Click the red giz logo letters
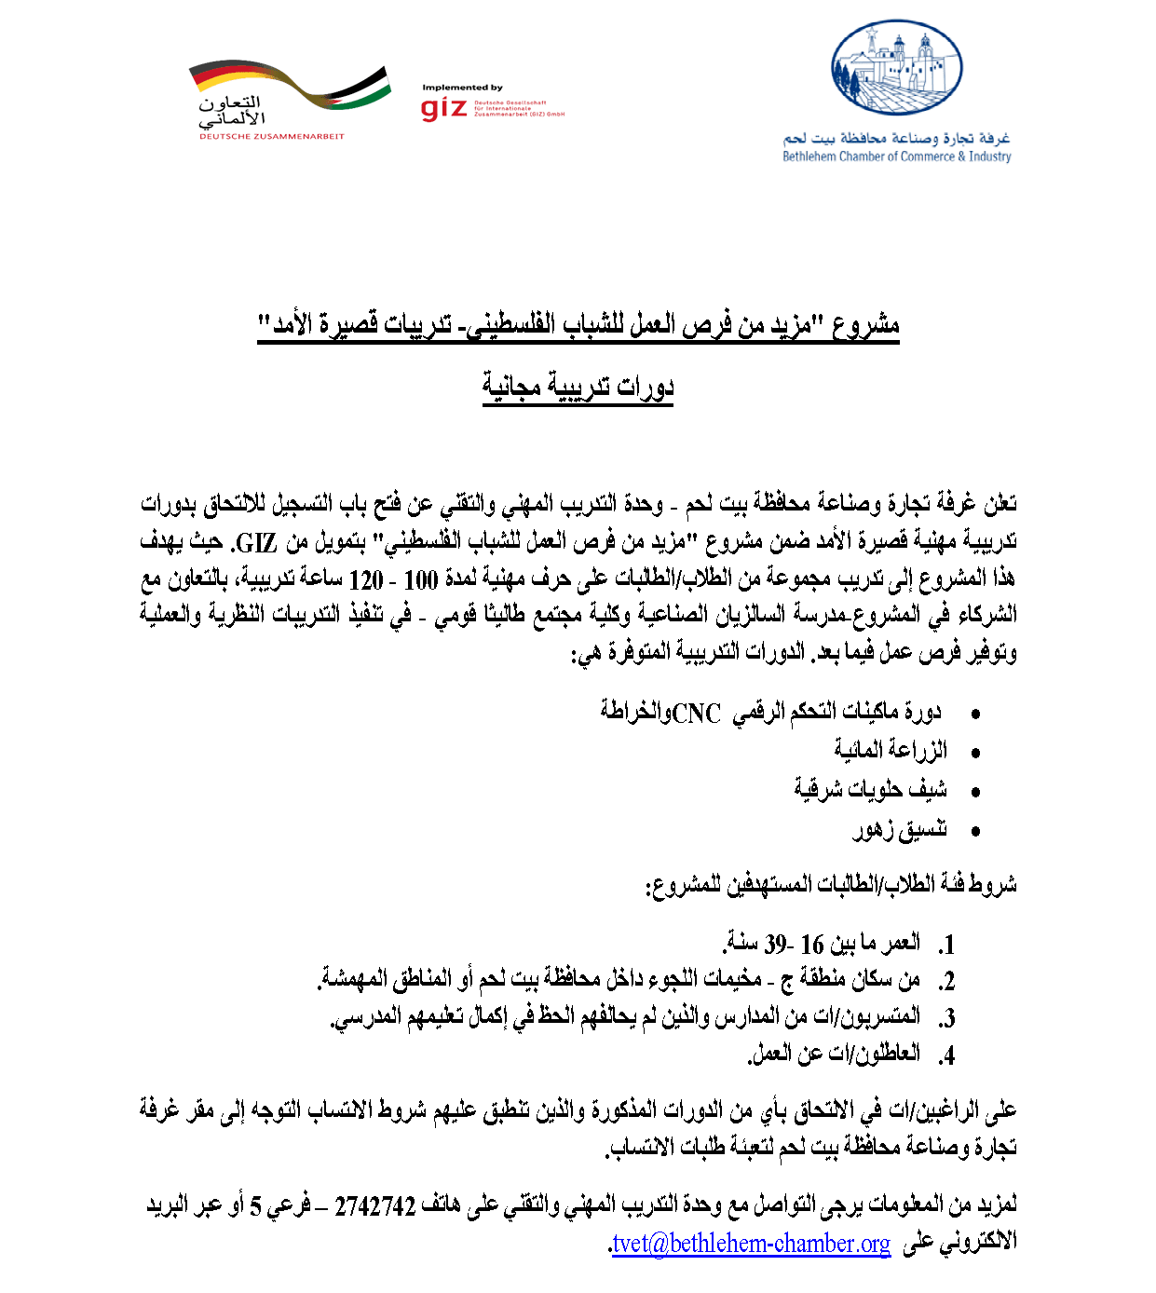(443, 109)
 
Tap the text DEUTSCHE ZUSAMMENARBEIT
(271, 137)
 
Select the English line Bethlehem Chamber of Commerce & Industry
(896, 157)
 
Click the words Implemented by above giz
(462, 88)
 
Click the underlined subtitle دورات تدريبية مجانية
(578, 385)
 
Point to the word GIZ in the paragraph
(256, 542)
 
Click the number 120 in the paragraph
(366, 580)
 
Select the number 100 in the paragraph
(421, 580)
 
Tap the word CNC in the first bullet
(697, 714)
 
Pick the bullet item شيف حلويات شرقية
(870, 790)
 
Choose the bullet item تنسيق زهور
(899, 829)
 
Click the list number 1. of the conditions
(946, 946)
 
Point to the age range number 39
(775, 945)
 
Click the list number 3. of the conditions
(946, 1019)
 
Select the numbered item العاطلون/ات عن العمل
(834, 1054)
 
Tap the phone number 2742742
(374, 1206)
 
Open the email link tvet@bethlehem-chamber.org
(751, 1244)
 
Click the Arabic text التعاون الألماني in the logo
(231, 110)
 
